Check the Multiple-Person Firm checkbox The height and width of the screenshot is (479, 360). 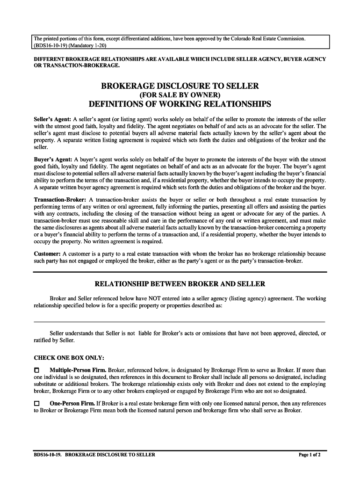(37, 370)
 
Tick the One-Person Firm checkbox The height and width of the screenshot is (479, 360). (37, 403)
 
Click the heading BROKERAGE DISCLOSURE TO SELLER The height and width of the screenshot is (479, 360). (180, 87)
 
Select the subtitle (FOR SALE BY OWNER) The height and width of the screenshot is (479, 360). (180, 95)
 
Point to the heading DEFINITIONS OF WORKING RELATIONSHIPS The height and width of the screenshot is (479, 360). (180, 103)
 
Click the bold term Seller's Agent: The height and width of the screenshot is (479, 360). (52, 119)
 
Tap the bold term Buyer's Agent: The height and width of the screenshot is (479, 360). (52, 160)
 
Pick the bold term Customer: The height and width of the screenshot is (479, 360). (47, 254)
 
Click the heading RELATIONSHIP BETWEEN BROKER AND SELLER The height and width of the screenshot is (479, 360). (180, 284)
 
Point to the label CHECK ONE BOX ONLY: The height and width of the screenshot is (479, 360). (69, 358)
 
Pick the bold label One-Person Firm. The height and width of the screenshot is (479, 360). (72, 403)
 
